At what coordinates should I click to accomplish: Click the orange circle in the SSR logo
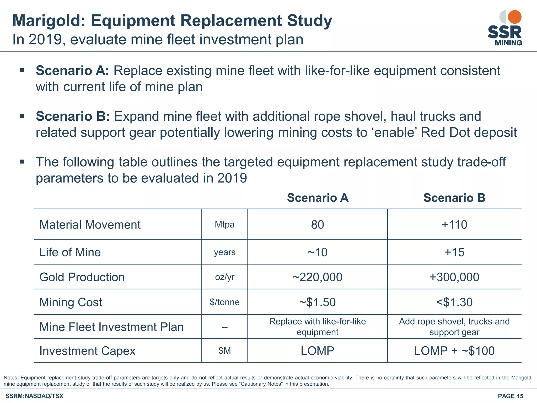click(514, 17)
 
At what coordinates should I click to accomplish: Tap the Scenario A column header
click(318, 198)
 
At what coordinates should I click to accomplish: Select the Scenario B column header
click(454, 198)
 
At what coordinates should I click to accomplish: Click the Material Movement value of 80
click(318, 225)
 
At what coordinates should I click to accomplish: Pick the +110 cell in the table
click(454, 225)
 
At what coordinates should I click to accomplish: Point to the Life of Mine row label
click(70, 252)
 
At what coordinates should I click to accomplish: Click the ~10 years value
click(318, 252)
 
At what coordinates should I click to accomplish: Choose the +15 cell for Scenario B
click(454, 252)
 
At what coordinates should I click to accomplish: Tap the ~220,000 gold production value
click(318, 277)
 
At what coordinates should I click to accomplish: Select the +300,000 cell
click(454, 277)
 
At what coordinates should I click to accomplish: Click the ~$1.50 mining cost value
click(318, 302)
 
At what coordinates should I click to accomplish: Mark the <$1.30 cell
click(454, 302)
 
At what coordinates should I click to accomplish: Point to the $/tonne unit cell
click(225, 302)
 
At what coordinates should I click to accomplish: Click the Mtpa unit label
click(225, 225)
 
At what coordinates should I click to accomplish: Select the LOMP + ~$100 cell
click(454, 351)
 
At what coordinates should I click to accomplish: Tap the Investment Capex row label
click(87, 351)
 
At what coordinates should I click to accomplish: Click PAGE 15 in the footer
click(510, 396)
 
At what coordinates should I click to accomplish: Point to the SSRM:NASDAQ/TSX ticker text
click(34, 396)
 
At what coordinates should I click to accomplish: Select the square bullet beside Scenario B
click(22, 116)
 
